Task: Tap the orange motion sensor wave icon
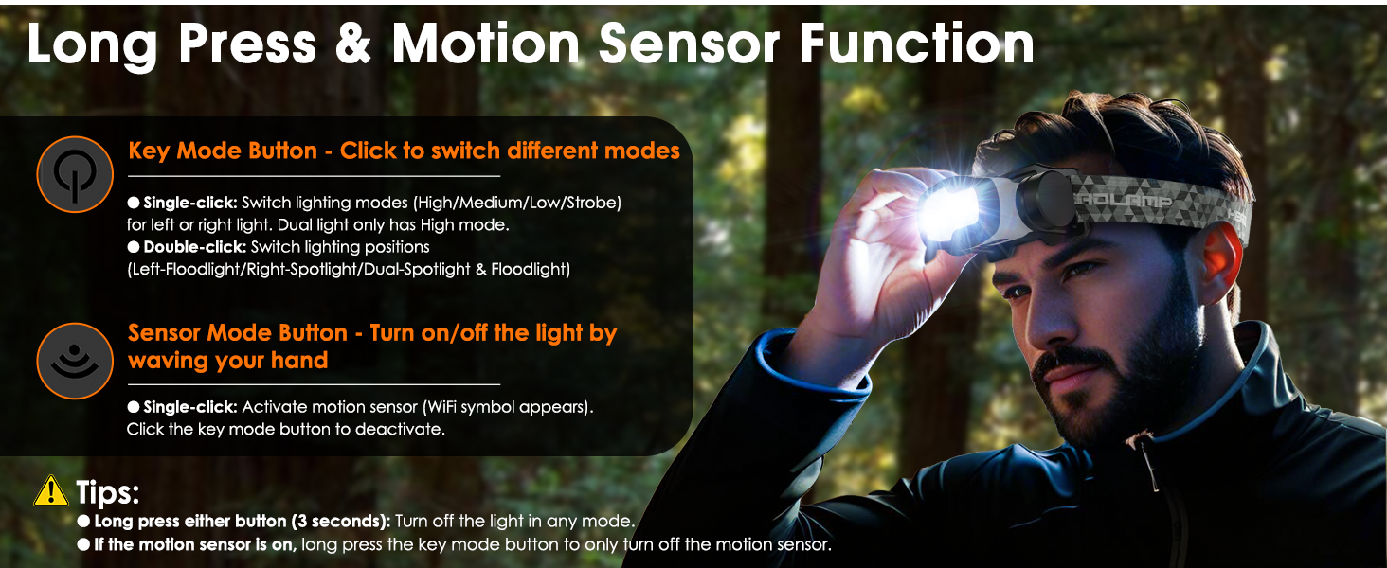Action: click(x=75, y=361)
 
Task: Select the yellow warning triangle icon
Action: click(x=49, y=491)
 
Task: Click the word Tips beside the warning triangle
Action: click(x=108, y=492)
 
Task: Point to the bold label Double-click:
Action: click(x=192, y=247)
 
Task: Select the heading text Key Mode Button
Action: click(x=223, y=151)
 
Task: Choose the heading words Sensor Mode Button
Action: click(x=238, y=333)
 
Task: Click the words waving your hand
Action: click(x=228, y=361)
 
